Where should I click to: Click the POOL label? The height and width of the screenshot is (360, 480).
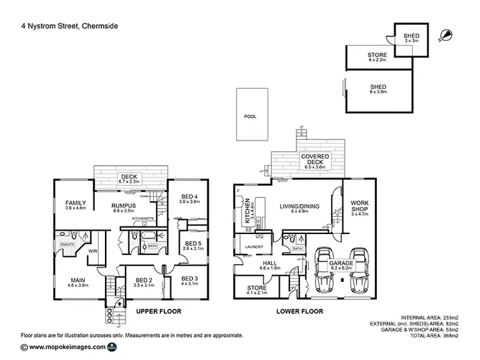click(x=250, y=118)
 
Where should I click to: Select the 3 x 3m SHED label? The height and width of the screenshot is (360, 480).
click(x=408, y=38)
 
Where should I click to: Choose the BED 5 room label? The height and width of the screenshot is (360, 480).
click(x=193, y=246)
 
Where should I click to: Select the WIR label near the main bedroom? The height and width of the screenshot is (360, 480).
click(x=92, y=251)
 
